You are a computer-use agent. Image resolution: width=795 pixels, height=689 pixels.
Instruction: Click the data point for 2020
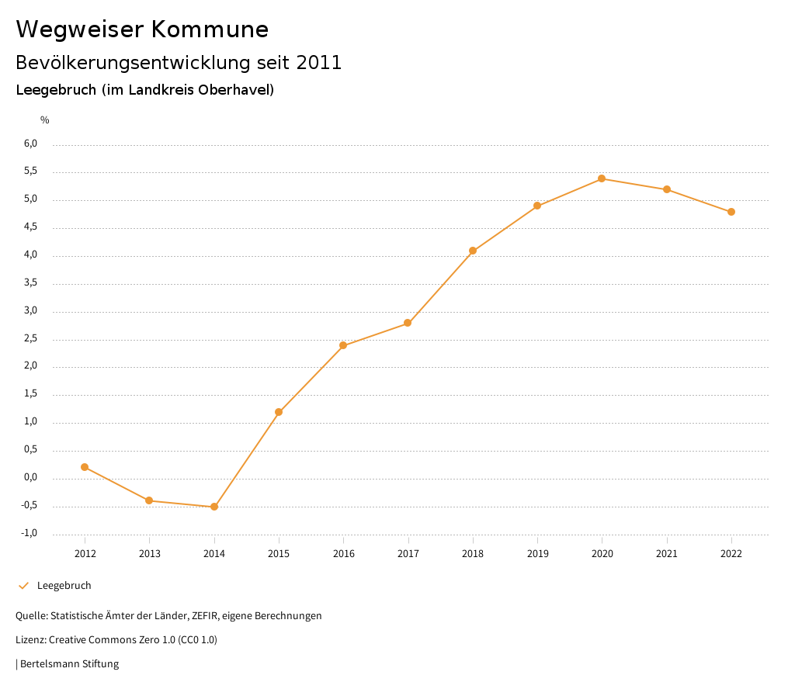click(602, 178)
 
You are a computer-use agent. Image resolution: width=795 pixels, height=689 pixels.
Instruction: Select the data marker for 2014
click(214, 507)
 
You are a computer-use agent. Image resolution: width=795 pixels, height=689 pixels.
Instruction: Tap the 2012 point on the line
click(85, 467)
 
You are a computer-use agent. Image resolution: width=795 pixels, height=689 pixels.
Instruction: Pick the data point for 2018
click(473, 251)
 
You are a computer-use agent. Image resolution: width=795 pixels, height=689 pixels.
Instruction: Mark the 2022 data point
click(731, 212)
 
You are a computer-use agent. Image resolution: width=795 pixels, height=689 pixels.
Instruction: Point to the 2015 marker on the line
click(279, 412)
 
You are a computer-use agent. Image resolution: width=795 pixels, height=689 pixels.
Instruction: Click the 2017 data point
click(408, 323)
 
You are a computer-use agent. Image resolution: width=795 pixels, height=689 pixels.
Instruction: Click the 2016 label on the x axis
click(343, 553)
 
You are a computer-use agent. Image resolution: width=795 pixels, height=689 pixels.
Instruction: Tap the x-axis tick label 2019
click(537, 553)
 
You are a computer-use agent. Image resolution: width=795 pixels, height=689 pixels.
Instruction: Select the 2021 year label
click(667, 553)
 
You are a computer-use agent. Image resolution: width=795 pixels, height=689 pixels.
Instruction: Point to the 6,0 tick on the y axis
click(30, 144)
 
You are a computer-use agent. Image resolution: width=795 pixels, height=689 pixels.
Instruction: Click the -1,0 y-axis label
click(30, 533)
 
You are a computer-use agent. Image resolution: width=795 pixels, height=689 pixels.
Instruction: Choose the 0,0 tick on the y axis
click(30, 477)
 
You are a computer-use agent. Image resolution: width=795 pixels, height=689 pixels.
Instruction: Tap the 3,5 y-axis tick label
click(30, 283)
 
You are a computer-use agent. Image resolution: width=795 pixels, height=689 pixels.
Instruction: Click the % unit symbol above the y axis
click(45, 120)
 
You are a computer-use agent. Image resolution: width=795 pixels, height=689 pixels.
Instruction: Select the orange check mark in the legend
click(23, 586)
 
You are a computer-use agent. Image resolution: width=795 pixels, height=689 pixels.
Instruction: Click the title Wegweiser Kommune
click(142, 29)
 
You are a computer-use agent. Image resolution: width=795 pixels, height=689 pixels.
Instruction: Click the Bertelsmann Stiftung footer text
click(69, 664)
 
